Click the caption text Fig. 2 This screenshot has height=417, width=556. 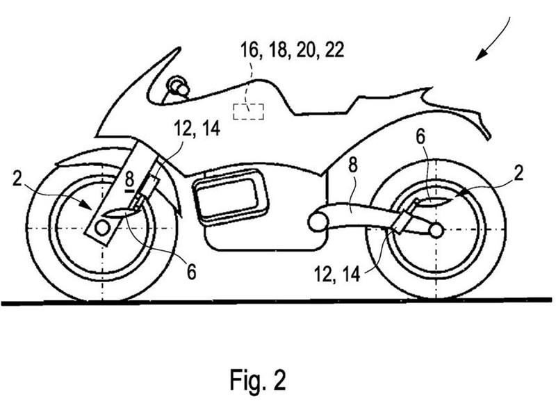click(258, 379)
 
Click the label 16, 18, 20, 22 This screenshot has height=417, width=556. click(293, 49)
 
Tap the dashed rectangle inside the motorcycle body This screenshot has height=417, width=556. click(248, 111)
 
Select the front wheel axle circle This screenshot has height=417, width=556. click(102, 228)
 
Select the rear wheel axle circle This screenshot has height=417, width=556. click(436, 231)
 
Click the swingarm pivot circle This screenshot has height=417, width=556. click(318, 222)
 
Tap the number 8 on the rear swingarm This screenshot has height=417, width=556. click(353, 165)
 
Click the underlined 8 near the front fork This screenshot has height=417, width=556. click(129, 181)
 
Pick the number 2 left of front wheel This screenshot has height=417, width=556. click(17, 179)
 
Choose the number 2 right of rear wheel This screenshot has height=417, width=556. click(518, 173)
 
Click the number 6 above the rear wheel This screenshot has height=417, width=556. click(420, 136)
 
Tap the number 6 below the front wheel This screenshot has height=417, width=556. click(192, 272)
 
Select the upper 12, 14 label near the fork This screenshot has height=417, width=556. click(197, 129)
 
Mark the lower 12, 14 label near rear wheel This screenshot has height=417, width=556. click(337, 275)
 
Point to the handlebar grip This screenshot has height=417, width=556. click(179, 85)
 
